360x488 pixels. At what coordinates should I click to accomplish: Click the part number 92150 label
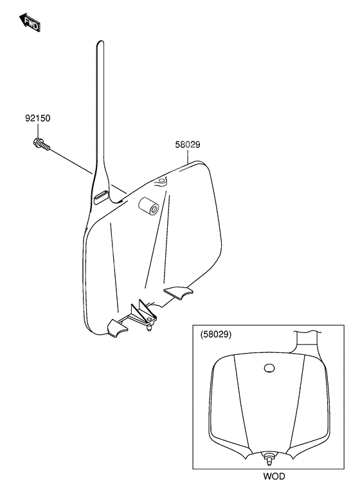pyautogui.click(x=38, y=118)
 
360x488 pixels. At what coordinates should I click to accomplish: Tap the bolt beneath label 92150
pyautogui.click(x=40, y=145)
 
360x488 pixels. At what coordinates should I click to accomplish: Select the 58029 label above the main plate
pyautogui.click(x=188, y=145)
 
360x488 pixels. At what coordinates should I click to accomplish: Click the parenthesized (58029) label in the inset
pyautogui.click(x=216, y=334)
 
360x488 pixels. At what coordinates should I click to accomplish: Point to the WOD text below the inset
pyautogui.click(x=274, y=476)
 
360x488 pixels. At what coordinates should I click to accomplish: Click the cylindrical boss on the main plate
pyautogui.click(x=148, y=206)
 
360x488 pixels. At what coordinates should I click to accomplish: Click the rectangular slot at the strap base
pyautogui.click(x=101, y=196)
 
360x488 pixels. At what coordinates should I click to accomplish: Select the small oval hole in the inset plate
pyautogui.click(x=269, y=368)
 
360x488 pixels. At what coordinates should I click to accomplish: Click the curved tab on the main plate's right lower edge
pyautogui.click(x=179, y=293)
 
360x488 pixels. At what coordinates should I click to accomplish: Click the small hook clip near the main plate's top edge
pyautogui.click(x=161, y=181)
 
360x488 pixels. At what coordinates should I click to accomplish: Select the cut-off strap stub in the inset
pyautogui.click(x=307, y=341)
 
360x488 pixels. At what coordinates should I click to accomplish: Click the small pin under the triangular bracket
pyautogui.click(x=150, y=327)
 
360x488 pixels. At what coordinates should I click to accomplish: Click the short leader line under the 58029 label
pyautogui.click(x=188, y=157)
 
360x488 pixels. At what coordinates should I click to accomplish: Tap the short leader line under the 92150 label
pyautogui.click(x=38, y=131)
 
